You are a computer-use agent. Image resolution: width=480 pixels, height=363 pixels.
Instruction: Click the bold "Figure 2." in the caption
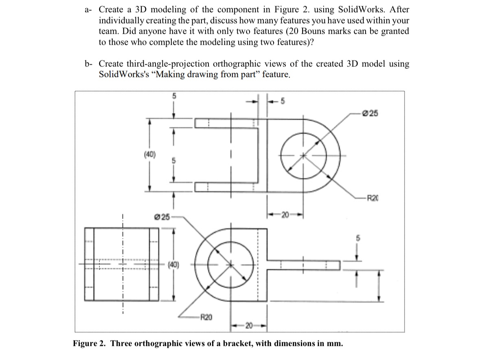tap(90, 343)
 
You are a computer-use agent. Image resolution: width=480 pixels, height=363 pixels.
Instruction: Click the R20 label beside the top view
tap(373, 199)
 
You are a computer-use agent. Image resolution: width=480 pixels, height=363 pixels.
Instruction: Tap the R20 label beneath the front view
tap(206, 315)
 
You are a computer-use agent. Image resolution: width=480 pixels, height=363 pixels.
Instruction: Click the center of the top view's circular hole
tap(303, 155)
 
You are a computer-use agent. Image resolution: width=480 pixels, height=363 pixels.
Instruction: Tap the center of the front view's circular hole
tap(231, 265)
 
